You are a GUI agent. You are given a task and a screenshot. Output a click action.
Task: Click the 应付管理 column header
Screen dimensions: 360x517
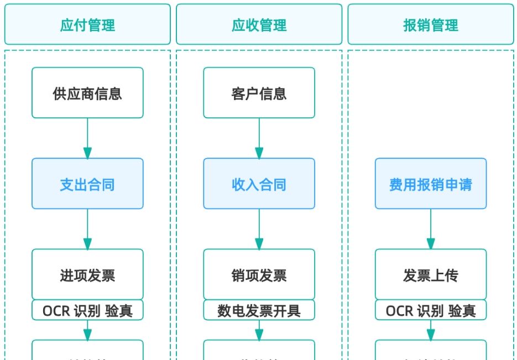(87, 25)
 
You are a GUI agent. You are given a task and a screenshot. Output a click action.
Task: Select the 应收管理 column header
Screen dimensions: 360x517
(259, 25)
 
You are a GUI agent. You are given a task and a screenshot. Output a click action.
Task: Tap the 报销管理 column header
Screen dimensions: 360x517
(431, 25)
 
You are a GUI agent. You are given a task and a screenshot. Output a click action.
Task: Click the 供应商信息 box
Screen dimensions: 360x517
(87, 93)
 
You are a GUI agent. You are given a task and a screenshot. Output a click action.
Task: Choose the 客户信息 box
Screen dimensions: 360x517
(259, 93)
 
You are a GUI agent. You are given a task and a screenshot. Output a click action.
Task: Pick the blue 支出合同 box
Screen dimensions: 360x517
(87, 184)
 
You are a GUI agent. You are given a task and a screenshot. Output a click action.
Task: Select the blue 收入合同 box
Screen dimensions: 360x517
(259, 184)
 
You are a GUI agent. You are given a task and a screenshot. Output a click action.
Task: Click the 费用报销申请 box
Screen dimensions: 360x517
(431, 184)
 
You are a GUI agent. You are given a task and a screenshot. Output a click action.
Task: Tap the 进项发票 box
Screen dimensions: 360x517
(87, 274)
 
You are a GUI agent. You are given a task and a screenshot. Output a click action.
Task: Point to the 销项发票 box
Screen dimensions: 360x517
(259, 274)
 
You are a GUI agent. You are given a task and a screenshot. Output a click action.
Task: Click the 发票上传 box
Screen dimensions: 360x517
(431, 274)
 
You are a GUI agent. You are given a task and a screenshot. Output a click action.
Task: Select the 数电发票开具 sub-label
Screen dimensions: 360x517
(259, 310)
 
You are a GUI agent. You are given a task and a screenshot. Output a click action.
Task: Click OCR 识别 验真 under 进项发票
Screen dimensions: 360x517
(87, 310)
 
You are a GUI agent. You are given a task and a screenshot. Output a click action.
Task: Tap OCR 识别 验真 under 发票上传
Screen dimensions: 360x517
(431, 310)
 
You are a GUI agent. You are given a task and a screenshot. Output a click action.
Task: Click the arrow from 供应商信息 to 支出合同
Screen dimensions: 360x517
(87, 138)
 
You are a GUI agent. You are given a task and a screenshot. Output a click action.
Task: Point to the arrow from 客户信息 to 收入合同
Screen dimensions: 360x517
(259, 138)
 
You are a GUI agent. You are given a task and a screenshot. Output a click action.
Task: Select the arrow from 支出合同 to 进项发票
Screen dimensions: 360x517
(87, 229)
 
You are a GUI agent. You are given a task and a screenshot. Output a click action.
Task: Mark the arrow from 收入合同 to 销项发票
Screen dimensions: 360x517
(259, 229)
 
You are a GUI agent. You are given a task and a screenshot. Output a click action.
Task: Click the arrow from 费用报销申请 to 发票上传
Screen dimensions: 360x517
(431, 229)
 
